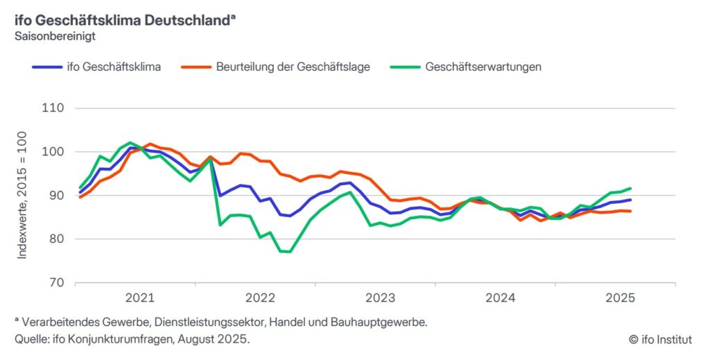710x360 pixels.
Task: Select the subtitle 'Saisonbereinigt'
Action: (x=55, y=35)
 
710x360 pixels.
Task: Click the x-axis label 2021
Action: (x=139, y=298)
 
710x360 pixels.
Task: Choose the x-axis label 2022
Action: (x=260, y=298)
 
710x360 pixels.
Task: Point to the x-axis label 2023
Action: (x=380, y=298)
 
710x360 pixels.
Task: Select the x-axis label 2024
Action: (x=500, y=298)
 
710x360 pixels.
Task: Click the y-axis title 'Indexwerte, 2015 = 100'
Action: (x=22, y=195)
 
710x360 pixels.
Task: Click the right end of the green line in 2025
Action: (x=630, y=188)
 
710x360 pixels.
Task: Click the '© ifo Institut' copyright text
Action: (x=659, y=339)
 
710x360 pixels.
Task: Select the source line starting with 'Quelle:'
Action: (x=132, y=339)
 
